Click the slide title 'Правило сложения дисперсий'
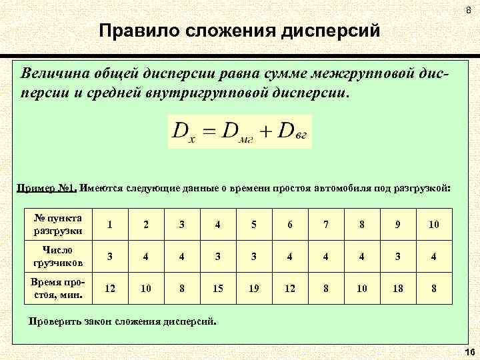click(x=239, y=31)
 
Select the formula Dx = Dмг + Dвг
click(x=239, y=130)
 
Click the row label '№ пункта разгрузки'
click(x=57, y=225)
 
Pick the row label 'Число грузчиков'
click(x=57, y=257)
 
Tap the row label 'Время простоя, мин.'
click(x=57, y=289)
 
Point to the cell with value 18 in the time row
click(x=398, y=289)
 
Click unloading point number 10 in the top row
click(x=433, y=225)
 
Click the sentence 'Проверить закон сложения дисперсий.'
click(x=123, y=321)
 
